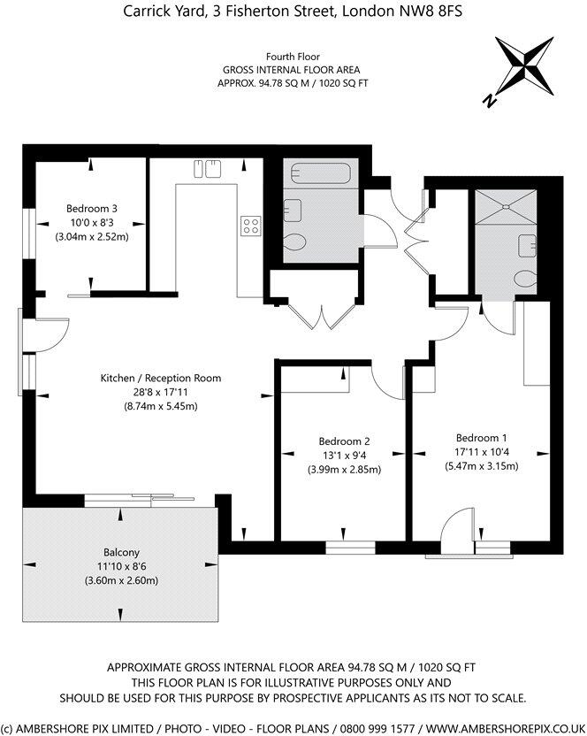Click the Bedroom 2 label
344,441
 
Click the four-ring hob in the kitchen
251,226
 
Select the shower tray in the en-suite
504,209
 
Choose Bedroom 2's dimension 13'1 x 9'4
344,456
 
